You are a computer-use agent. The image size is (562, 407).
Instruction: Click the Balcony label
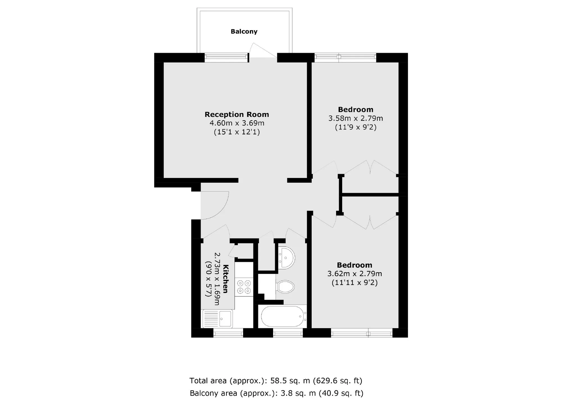[x=244, y=31]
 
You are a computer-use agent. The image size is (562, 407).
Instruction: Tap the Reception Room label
[x=237, y=114]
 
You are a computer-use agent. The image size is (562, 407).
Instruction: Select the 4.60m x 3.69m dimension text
[x=237, y=123]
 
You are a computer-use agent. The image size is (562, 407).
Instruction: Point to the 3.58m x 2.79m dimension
[x=355, y=118]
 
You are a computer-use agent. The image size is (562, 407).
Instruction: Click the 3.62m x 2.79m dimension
[x=355, y=274]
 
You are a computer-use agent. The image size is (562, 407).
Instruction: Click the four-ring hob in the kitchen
[x=244, y=287]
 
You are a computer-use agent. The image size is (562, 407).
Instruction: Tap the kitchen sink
[x=217, y=319]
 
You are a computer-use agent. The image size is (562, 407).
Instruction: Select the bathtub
[x=283, y=316]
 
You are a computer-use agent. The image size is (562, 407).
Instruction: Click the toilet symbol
[x=285, y=287]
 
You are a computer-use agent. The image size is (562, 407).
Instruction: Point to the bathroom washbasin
[x=286, y=258]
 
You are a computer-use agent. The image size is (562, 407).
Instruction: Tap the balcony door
[x=263, y=51]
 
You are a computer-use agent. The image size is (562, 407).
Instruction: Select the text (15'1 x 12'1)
[x=237, y=132]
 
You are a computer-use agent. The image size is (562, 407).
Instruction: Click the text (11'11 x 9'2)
[x=355, y=282]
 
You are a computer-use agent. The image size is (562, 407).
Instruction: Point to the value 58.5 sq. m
[x=290, y=381]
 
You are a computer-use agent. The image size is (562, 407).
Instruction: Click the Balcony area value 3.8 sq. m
[x=298, y=393]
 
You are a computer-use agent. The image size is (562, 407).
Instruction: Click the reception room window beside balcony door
[x=226, y=57]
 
